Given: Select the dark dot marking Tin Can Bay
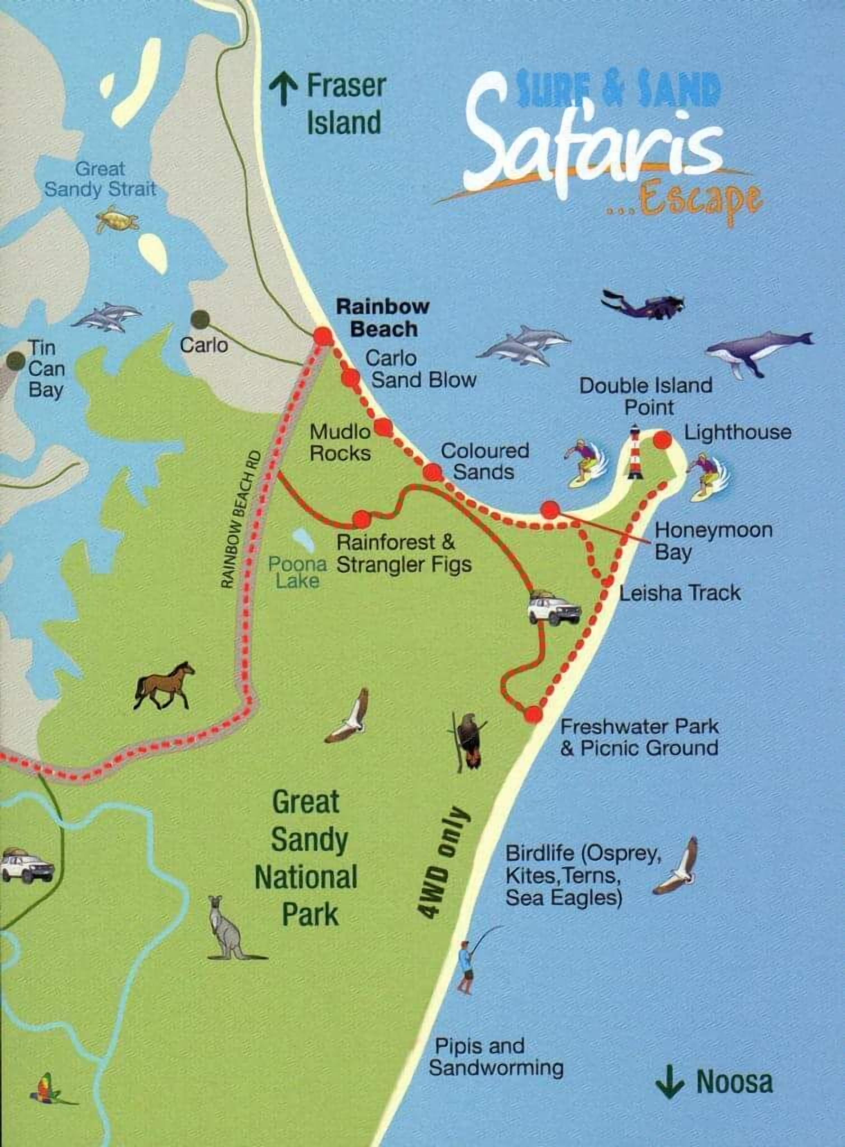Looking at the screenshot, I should [x=15, y=361].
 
